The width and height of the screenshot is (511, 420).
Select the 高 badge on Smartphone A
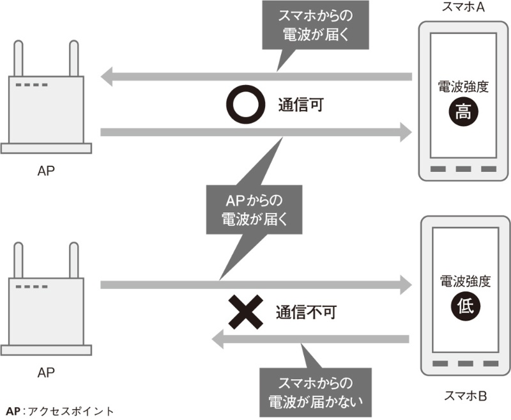click(462, 113)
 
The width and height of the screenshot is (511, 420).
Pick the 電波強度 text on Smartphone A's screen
click(463, 87)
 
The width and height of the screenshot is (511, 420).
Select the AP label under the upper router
click(45, 171)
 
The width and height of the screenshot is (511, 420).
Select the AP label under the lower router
click(45, 371)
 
